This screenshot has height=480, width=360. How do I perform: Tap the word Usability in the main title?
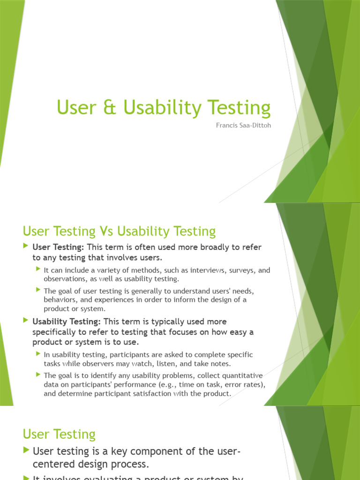coord(166,108)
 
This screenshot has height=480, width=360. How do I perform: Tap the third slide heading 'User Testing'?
coord(59,434)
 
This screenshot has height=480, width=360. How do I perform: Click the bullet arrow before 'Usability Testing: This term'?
coord(26,321)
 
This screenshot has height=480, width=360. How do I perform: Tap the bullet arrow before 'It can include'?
coord(38,270)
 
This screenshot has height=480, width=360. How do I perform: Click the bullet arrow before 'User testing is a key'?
coord(26,450)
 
